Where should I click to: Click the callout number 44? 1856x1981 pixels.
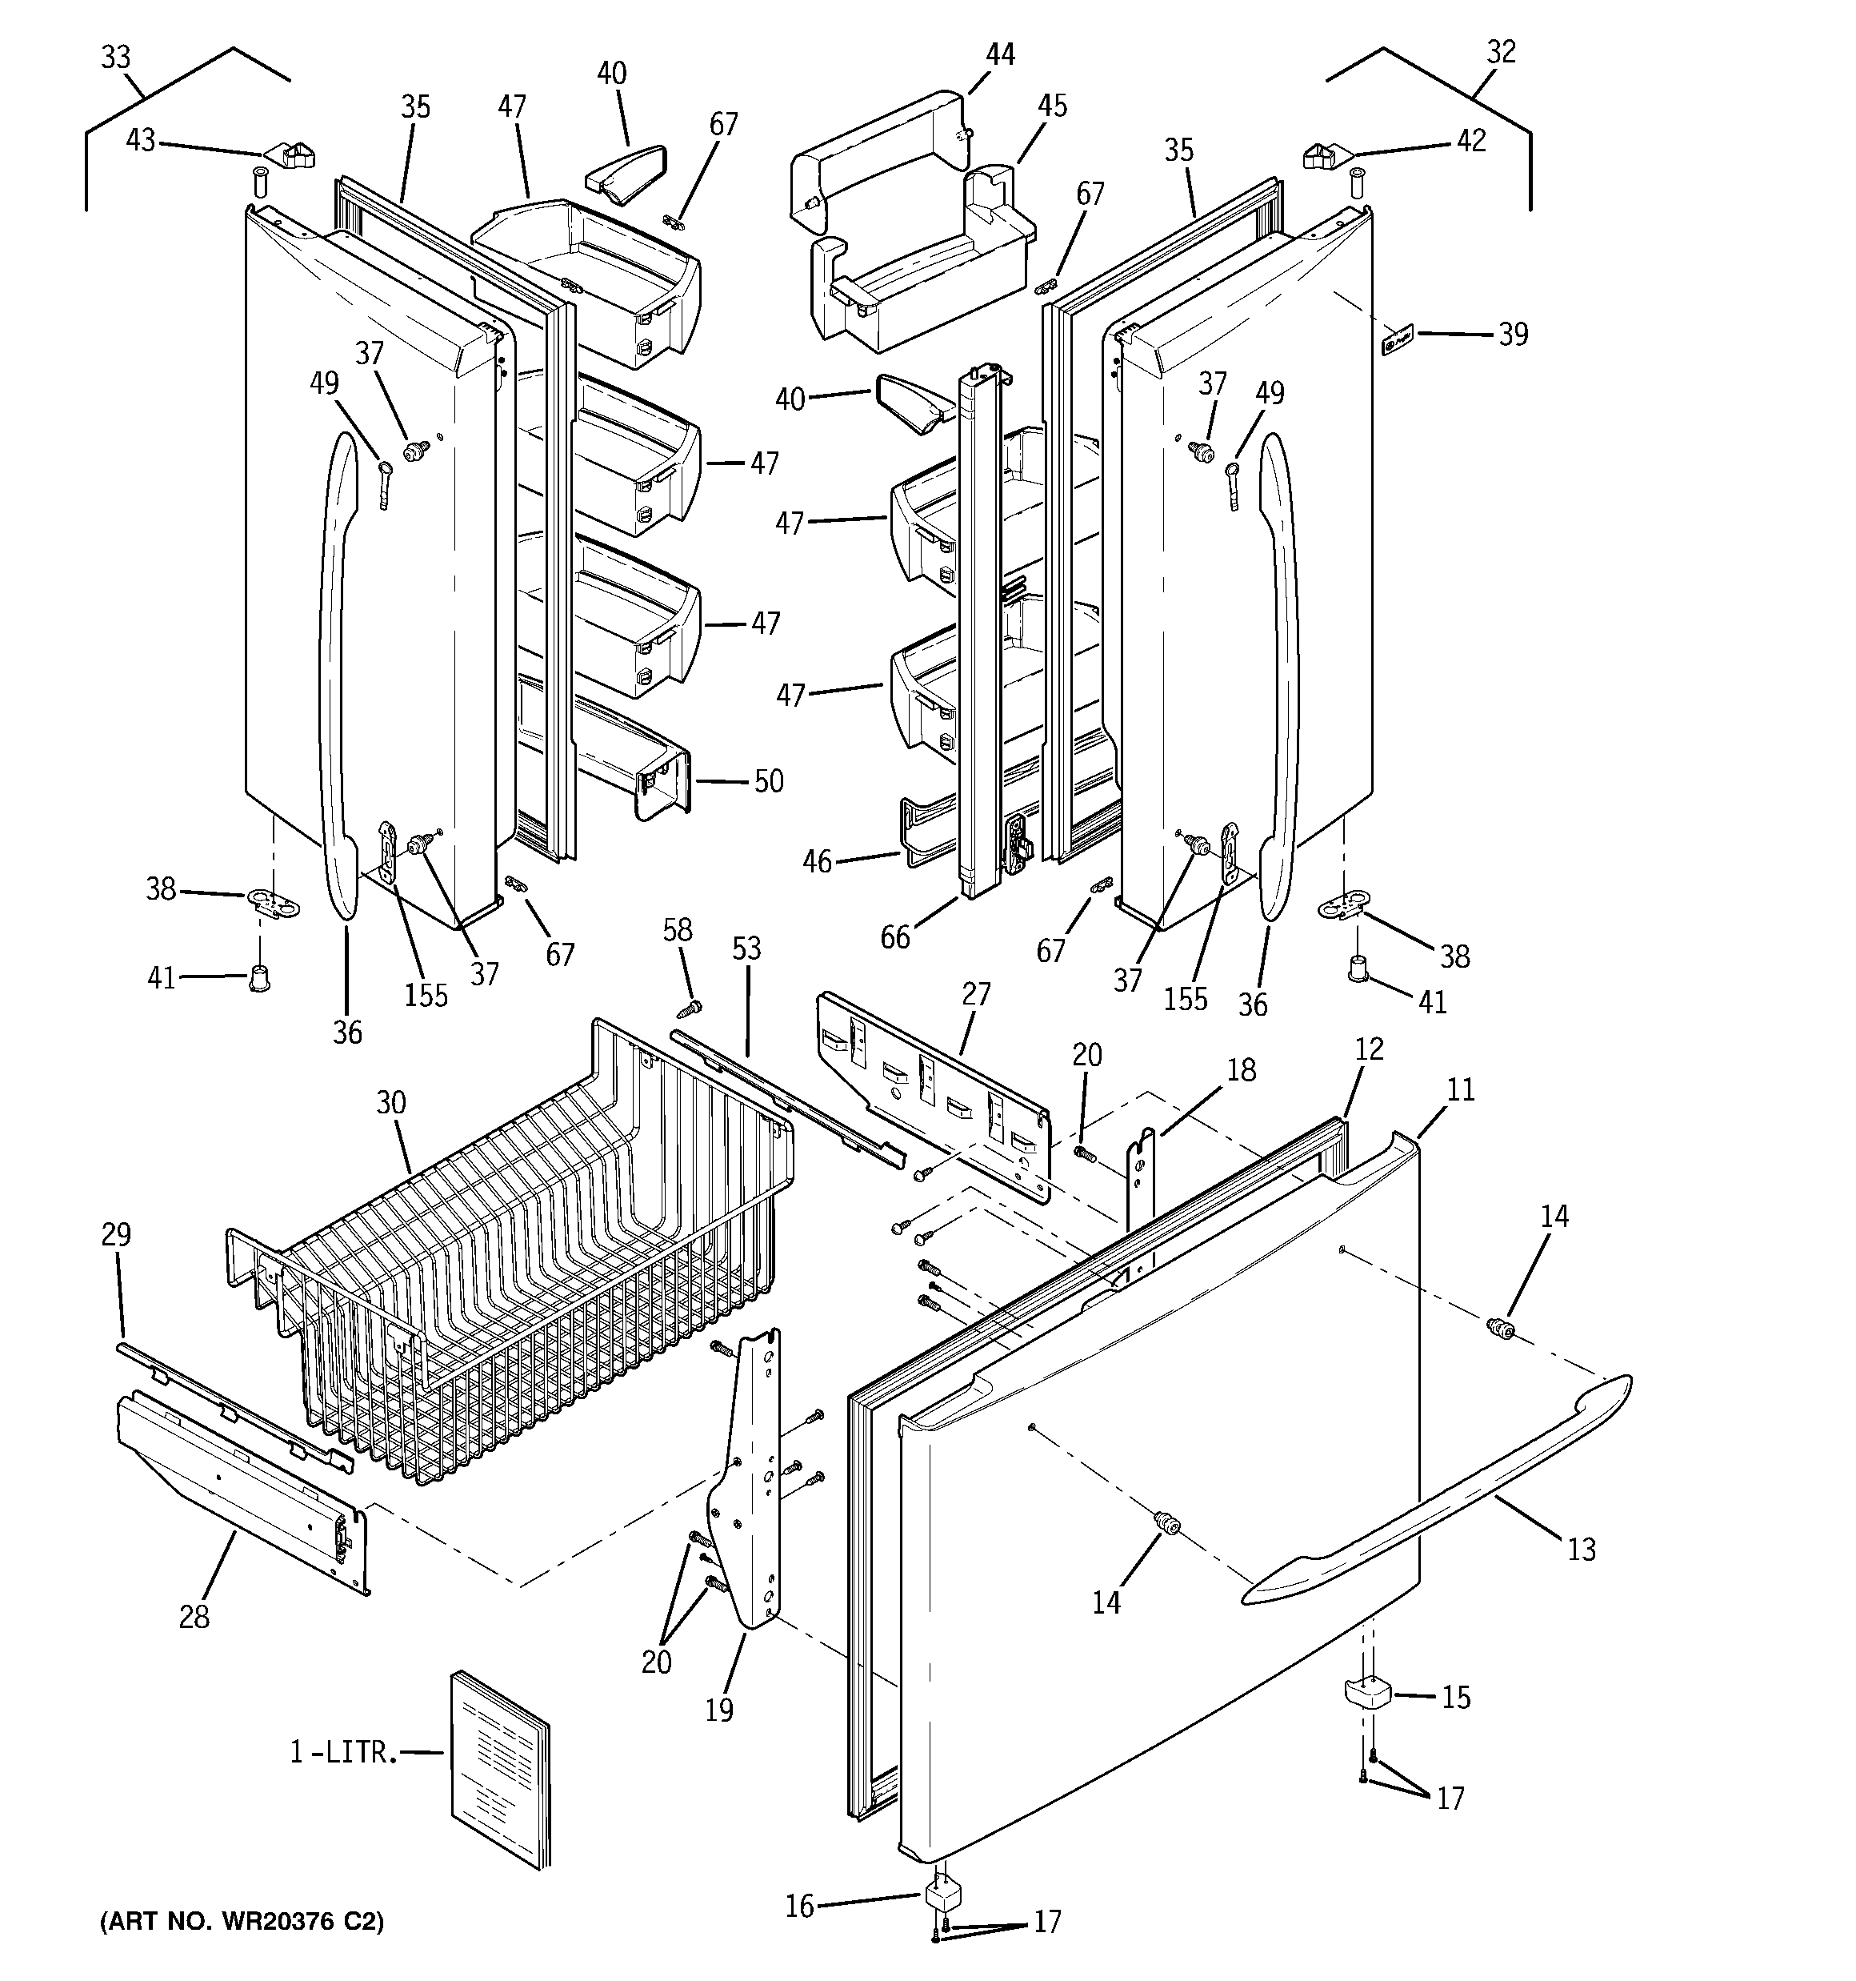point(999,54)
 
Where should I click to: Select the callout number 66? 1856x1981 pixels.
point(894,936)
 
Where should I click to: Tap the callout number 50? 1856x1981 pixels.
point(768,780)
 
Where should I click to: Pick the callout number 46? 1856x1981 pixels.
point(817,861)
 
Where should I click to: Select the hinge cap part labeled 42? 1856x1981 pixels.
point(1323,155)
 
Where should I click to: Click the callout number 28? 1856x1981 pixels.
point(194,1616)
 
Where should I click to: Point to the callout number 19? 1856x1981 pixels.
point(718,1710)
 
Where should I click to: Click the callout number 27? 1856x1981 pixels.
point(976,993)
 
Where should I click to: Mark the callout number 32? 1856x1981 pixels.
point(1500,52)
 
